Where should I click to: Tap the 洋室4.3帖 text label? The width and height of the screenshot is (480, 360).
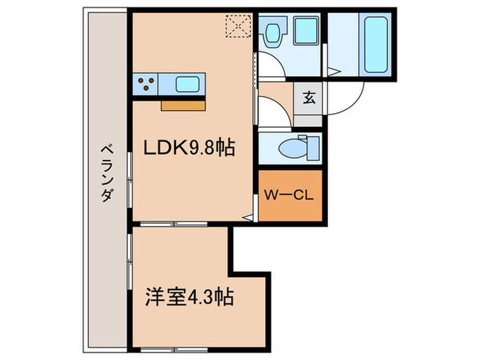(189, 297)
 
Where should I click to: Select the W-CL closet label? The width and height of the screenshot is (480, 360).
(289, 195)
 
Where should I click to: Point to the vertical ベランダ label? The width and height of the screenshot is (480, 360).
(106, 173)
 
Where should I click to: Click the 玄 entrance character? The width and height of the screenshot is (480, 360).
(309, 97)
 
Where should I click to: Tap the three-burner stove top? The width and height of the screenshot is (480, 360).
(146, 84)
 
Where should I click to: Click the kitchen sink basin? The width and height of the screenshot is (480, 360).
(187, 85)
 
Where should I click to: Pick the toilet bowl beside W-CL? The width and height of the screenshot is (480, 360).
(291, 147)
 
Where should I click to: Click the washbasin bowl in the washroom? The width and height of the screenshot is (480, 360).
(274, 32)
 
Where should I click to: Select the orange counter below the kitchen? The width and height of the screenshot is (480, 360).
(183, 106)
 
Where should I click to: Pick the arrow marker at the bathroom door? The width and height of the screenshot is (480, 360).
(332, 71)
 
